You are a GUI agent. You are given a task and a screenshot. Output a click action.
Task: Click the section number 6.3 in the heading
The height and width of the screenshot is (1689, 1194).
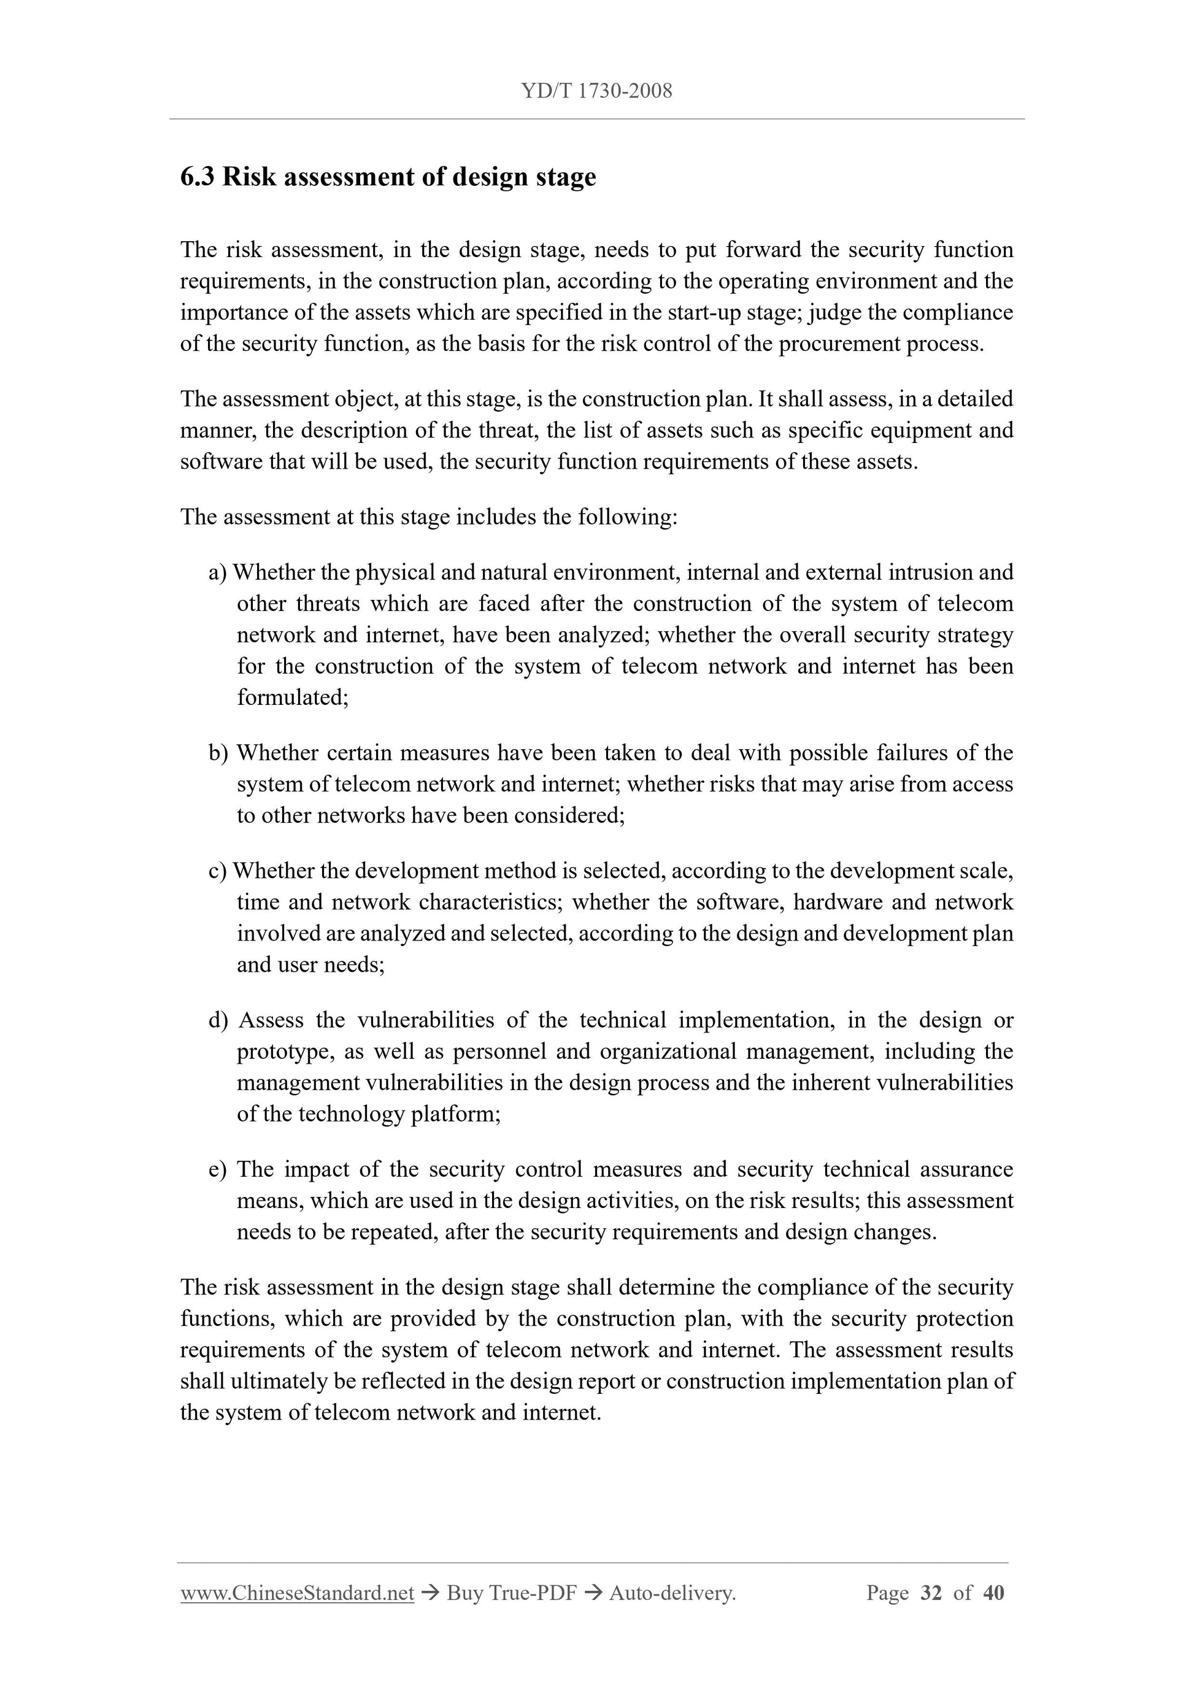click(x=197, y=177)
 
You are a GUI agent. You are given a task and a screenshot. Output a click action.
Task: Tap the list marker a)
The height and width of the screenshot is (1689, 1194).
click(x=218, y=572)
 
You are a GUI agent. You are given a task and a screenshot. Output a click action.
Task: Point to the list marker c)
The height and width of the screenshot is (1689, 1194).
click(x=218, y=871)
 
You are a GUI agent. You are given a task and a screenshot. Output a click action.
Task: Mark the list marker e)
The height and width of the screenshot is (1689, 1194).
click(x=218, y=1169)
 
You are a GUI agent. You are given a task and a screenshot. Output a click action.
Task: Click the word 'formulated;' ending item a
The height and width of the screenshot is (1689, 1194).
click(x=293, y=698)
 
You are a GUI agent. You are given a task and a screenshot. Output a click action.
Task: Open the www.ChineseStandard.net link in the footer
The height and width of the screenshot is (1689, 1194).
click(x=297, y=1593)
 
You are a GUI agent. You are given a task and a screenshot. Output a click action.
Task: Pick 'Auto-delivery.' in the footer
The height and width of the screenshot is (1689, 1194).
click(x=672, y=1593)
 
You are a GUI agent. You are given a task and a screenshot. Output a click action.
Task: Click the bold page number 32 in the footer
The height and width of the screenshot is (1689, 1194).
click(x=931, y=1593)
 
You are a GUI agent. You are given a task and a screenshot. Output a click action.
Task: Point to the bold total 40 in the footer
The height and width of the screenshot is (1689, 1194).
click(x=993, y=1593)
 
